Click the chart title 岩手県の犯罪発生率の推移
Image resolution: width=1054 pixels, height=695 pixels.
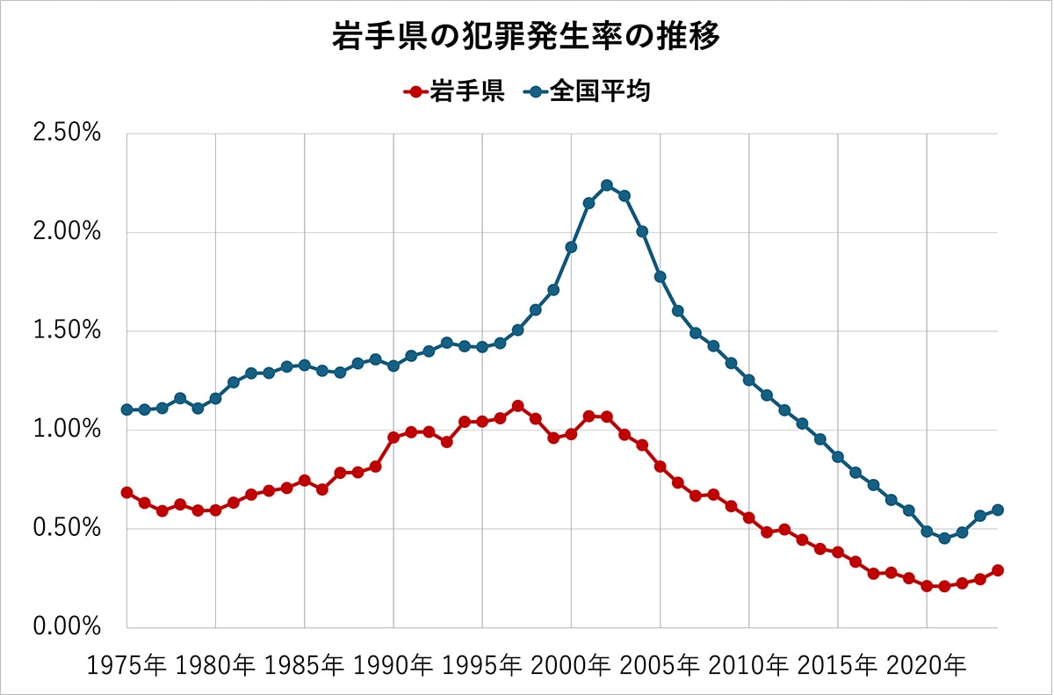coord(526,36)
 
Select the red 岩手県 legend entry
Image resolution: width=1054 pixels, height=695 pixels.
coord(454,90)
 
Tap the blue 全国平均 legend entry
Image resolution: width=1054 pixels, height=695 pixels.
coord(588,90)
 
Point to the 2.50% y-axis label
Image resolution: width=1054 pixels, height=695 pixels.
coord(67,134)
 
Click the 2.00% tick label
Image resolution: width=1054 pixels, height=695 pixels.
coord(67,232)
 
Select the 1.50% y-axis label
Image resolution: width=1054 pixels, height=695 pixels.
coord(67,330)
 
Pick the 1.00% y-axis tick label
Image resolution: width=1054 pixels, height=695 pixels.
coord(67,430)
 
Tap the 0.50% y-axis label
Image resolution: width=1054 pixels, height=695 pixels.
coord(67,528)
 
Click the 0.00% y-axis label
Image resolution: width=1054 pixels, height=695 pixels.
coord(67,627)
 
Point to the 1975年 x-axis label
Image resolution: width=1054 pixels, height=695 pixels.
coord(126,666)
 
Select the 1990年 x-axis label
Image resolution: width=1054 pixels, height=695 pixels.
coord(393,666)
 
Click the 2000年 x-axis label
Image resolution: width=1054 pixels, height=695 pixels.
coord(571,666)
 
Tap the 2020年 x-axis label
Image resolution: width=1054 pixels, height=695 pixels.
coord(927,666)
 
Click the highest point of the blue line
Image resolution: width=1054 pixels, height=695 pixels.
coord(607,185)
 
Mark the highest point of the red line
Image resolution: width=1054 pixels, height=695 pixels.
coord(518,406)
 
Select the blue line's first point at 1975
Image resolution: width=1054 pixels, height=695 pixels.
coord(127,409)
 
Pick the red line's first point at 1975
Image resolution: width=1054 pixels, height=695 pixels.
coord(127,493)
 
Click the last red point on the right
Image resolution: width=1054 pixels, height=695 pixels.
coord(998,570)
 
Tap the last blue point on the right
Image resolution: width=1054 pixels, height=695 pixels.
coord(998,510)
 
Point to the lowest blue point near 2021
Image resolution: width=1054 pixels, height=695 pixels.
coord(944,539)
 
